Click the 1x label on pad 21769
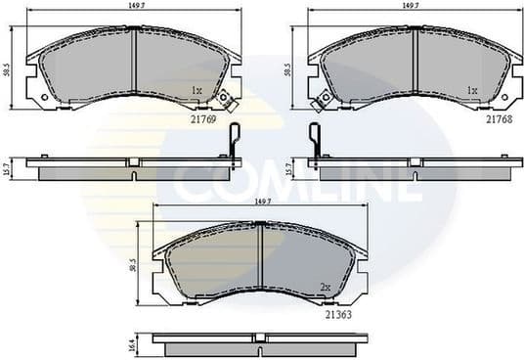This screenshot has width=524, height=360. pyautogui.click(x=196, y=91)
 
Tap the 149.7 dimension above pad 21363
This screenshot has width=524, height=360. pyautogui.click(x=260, y=202)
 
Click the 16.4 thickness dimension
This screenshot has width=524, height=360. pyautogui.click(x=134, y=344)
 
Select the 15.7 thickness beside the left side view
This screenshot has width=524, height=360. pyautogui.click(x=7, y=168)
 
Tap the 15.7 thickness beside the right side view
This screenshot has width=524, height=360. pyautogui.click(x=288, y=168)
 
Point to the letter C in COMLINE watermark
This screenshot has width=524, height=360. pyautogui.click(x=192, y=182)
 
